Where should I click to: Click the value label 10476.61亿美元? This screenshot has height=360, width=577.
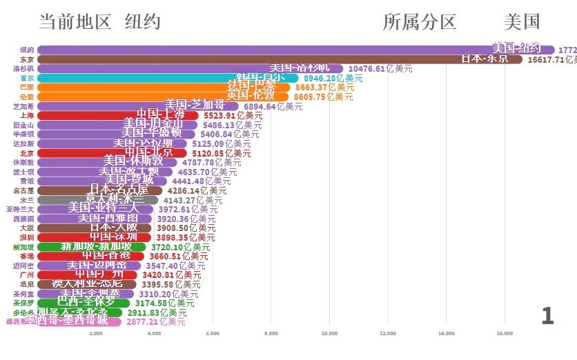point(380,69)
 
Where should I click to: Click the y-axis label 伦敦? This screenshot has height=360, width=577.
point(27,97)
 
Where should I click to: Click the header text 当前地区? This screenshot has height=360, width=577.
point(75,22)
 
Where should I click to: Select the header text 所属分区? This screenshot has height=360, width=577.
point(420,22)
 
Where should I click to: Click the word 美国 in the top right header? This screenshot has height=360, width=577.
point(522,22)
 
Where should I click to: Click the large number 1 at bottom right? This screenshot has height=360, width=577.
point(547,316)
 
